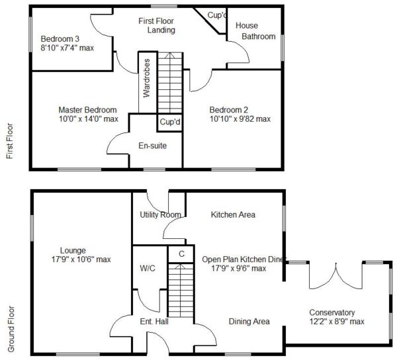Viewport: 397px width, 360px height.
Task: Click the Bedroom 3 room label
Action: tap(60, 39)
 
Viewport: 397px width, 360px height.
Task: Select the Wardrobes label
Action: tap(147, 78)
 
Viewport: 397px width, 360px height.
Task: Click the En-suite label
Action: tap(153, 146)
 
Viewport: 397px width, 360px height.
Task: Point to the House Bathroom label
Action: tap(255, 31)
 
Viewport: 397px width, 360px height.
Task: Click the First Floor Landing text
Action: tap(157, 25)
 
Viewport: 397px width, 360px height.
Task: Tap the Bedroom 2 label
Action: tap(229, 110)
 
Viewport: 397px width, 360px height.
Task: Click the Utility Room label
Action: tap(161, 215)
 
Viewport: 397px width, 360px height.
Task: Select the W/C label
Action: tap(148, 268)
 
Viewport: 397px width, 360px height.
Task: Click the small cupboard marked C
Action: tap(181, 253)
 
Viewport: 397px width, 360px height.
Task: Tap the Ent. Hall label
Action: tap(154, 322)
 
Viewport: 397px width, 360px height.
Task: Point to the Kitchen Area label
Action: tap(233, 215)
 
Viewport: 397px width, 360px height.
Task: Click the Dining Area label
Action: tap(249, 322)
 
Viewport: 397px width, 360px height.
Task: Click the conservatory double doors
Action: tap(335, 276)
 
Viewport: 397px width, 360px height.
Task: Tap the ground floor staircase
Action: tap(181, 290)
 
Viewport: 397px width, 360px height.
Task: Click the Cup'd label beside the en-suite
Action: tap(170, 122)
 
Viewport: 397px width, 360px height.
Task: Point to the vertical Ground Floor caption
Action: tap(11, 329)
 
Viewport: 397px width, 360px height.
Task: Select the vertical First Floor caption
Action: tap(10, 141)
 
